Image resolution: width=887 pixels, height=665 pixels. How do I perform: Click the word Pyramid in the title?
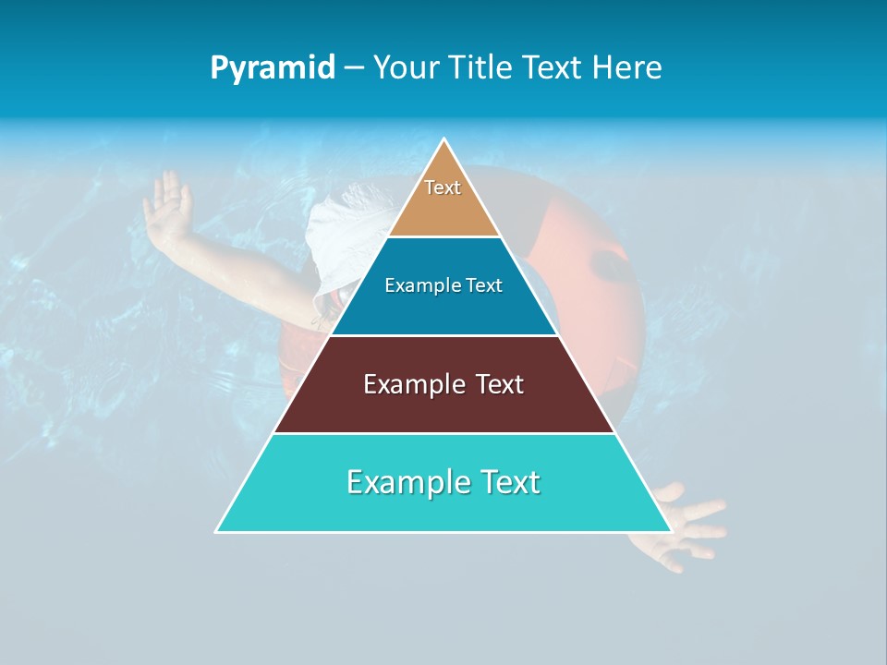(x=272, y=68)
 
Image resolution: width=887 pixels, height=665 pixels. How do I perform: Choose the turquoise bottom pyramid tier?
(x=443, y=508)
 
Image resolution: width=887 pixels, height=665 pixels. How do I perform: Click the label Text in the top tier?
(x=443, y=187)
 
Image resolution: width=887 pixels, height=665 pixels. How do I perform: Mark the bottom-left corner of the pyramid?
(x=217, y=531)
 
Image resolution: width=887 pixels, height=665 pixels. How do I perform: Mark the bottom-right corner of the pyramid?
(x=671, y=531)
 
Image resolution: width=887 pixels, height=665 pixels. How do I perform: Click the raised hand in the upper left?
(x=166, y=203)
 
